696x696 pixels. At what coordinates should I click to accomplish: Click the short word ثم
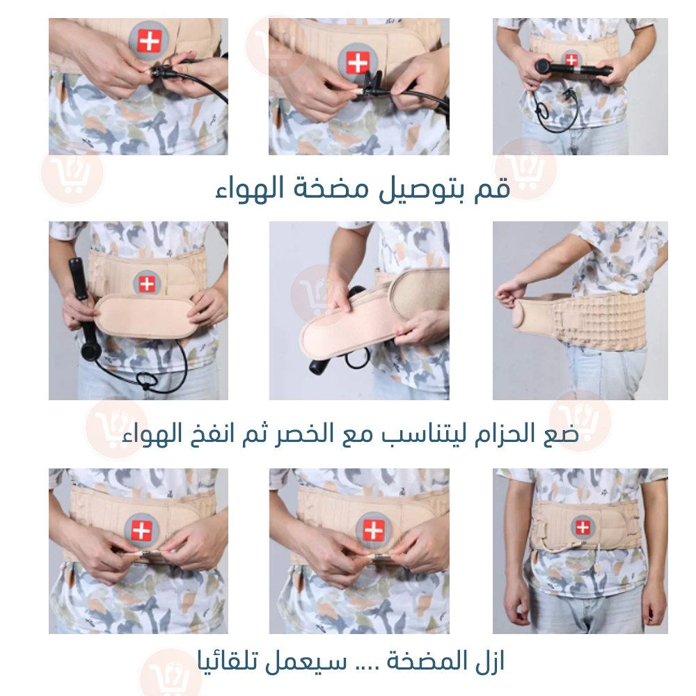(x=254, y=434)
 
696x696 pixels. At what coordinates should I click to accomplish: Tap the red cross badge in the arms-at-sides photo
(x=583, y=528)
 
